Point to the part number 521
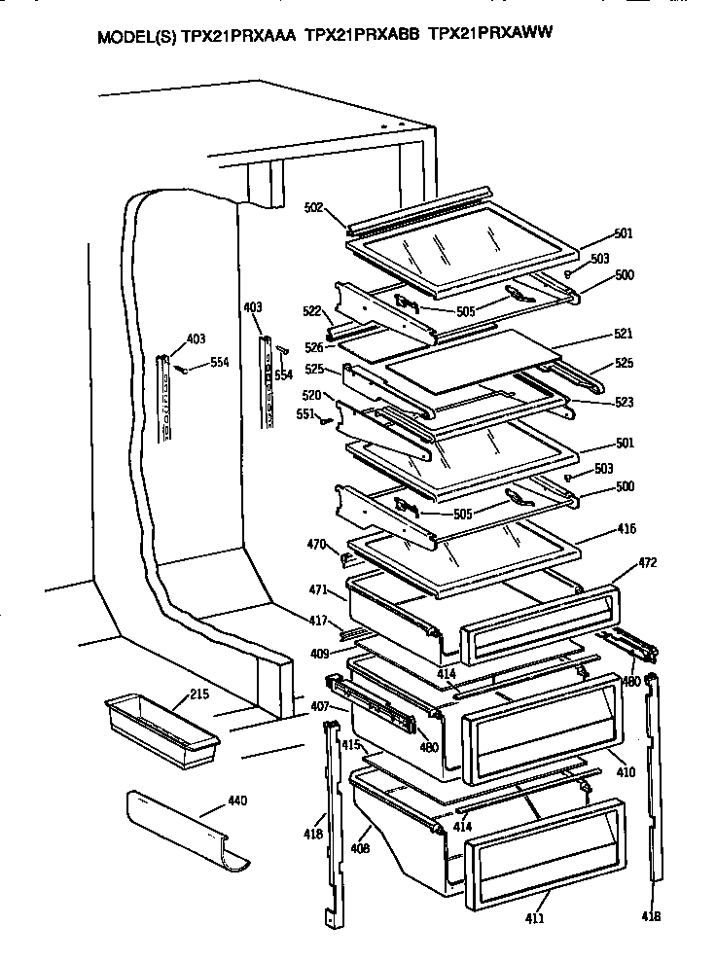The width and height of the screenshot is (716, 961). coord(623,334)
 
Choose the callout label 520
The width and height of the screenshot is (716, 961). coord(312,395)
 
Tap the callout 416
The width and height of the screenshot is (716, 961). coord(626,529)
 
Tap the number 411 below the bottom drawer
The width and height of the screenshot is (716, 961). coord(533,917)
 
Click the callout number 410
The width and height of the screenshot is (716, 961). coord(625,772)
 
